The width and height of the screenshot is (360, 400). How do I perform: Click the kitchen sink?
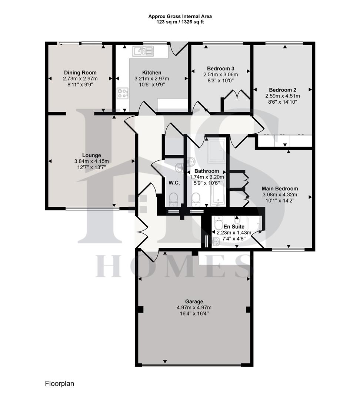pos(143,51)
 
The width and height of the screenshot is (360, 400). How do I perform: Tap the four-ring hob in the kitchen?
pos(123,93)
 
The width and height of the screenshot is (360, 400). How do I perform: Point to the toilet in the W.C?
pos(173,199)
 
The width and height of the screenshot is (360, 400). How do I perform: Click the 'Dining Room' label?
pos(80,73)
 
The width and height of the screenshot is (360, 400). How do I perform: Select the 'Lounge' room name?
pos(91,155)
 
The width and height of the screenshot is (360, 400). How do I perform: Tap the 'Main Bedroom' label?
pos(280,189)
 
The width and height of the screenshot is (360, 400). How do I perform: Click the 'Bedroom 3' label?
pos(220,69)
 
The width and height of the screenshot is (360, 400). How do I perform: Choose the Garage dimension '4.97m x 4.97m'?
pos(194,307)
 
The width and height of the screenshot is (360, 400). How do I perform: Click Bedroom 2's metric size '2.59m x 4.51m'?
pos(282,96)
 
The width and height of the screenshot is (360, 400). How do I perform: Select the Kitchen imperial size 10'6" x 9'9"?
pos(151,84)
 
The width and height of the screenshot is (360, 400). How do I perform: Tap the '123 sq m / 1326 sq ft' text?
pos(180,22)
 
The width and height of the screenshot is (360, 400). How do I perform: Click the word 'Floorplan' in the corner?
pos(60,384)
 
